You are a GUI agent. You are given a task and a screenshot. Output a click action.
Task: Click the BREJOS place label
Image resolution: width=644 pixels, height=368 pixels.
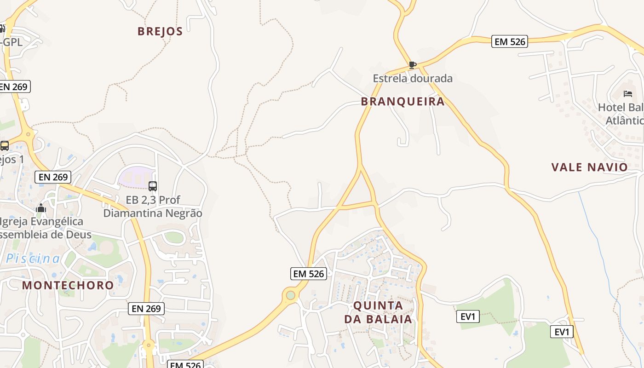pyautogui.click(x=160, y=31)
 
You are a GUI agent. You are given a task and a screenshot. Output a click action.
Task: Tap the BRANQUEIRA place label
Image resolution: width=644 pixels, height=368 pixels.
pyautogui.click(x=402, y=102)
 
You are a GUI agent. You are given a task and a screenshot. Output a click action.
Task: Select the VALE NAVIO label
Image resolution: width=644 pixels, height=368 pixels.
pyautogui.click(x=589, y=167)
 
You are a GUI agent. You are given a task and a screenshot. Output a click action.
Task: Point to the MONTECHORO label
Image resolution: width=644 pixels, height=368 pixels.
pyautogui.click(x=68, y=285)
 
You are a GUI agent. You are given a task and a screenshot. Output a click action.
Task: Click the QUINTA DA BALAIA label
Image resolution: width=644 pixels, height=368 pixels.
pyautogui.click(x=378, y=312)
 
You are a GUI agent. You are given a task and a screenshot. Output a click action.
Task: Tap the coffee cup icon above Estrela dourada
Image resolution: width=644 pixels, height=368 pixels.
pyautogui.click(x=412, y=65)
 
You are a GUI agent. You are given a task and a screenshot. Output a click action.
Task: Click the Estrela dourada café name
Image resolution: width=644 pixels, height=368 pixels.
pyautogui.click(x=413, y=78)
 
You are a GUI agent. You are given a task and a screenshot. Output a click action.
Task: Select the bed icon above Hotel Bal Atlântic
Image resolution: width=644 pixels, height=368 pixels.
pyautogui.click(x=628, y=94)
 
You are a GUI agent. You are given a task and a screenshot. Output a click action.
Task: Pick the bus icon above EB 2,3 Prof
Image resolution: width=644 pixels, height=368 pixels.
pyautogui.click(x=153, y=186)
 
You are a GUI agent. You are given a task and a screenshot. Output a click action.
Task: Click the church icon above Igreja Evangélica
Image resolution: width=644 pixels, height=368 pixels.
pyautogui.click(x=41, y=208)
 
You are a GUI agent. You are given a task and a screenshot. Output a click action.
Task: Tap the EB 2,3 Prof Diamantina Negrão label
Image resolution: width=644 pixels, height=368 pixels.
pyautogui.click(x=153, y=207)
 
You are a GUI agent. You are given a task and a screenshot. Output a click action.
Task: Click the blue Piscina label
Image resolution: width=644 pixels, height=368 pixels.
pyautogui.click(x=33, y=259)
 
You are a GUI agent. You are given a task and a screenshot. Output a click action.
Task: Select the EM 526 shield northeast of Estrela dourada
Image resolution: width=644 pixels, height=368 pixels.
pyautogui.click(x=509, y=41)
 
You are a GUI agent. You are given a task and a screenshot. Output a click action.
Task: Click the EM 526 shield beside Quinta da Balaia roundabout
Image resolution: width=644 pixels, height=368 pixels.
pyautogui.click(x=309, y=274)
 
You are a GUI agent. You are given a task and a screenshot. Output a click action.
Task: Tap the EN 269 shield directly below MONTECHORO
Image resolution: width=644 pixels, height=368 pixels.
pyautogui.click(x=146, y=309)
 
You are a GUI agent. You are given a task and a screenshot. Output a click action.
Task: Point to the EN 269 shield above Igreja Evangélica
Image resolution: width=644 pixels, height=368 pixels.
pyautogui.click(x=53, y=177)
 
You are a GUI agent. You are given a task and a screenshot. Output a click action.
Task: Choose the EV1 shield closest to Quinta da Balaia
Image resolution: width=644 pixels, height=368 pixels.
pyautogui.click(x=468, y=316)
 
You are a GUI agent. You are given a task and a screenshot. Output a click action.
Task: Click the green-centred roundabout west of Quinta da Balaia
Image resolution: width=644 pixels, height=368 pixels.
pyautogui.click(x=290, y=295)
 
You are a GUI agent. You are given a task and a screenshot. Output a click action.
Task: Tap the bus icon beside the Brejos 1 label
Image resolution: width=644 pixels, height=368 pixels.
pyautogui.click(x=5, y=146)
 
